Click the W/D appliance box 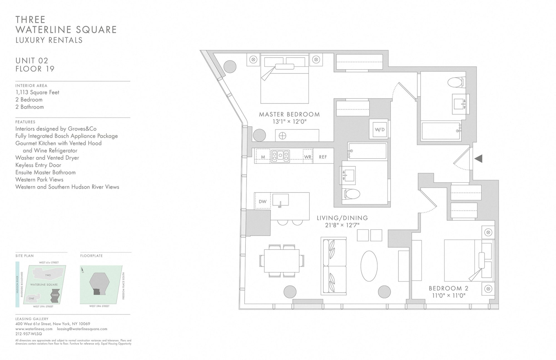point(380,129)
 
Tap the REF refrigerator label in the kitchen point(323,157)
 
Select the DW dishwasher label point(262,202)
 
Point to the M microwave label point(263,157)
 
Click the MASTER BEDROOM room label point(289,114)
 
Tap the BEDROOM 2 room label point(449,288)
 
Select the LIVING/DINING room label point(342,218)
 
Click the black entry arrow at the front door point(479,159)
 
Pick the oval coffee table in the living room point(369,266)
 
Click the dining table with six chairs point(282,261)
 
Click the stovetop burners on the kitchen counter point(280,156)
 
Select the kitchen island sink point(280,200)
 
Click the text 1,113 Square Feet point(37,92)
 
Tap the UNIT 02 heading point(32,60)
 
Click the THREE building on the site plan point(55,295)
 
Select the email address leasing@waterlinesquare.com point(82,329)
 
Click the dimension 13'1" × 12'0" point(289,122)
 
